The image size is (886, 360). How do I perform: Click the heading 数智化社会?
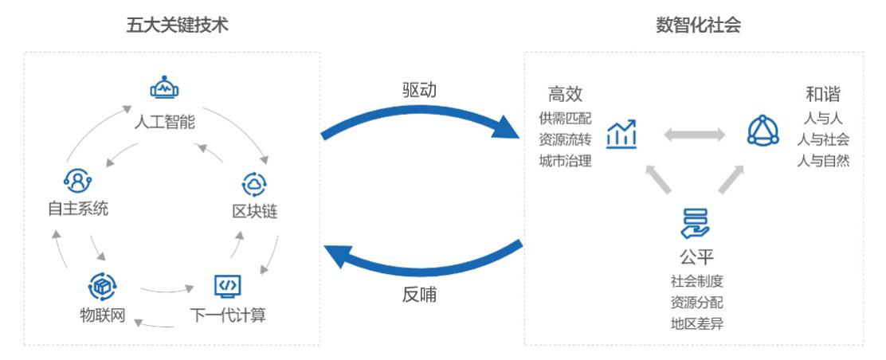tap(698, 25)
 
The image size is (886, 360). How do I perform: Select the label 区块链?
tap(255, 212)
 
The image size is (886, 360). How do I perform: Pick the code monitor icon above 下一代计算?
tap(228, 284)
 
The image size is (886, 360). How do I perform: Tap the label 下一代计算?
tap(228, 315)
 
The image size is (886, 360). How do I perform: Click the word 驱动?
tap(419, 90)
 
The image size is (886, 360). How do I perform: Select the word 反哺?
tap(419, 294)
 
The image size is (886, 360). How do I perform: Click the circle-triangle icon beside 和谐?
tap(763, 131)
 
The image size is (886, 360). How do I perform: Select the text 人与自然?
tap(823, 160)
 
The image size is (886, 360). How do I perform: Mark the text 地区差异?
tap(696, 323)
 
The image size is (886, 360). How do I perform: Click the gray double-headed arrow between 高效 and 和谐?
tap(694, 135)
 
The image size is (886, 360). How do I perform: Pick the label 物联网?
tap(102, 315)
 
